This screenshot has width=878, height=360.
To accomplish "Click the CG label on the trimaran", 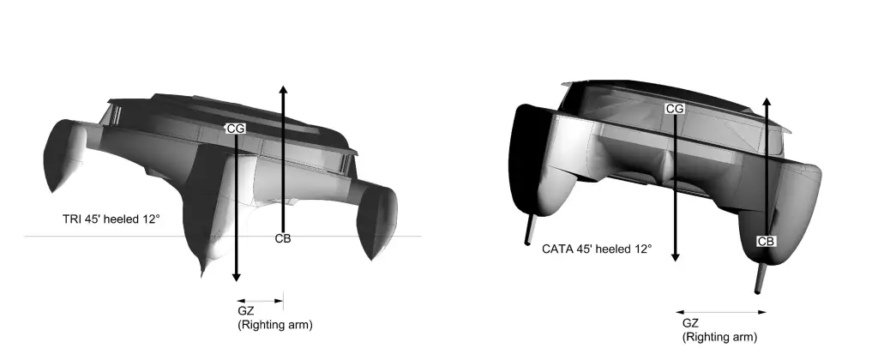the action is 236,129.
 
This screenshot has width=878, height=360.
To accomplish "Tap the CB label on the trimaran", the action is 283,238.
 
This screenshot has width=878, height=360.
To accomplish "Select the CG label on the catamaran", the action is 675,109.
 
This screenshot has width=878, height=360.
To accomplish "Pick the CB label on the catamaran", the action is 766,242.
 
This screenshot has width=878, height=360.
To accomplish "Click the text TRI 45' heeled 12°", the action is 111,219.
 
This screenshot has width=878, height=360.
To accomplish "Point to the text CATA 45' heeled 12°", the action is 597,249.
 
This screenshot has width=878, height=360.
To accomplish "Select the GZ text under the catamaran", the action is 690,323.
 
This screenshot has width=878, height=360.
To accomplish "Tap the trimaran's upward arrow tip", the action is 283,87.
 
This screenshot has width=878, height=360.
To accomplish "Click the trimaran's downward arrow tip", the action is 237,281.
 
